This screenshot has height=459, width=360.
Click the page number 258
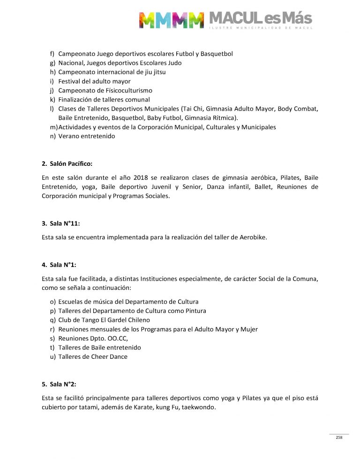339,437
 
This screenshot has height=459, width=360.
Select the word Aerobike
253,237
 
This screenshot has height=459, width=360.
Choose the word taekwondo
198,407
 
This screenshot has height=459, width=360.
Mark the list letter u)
52,356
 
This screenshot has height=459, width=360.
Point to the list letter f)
52,54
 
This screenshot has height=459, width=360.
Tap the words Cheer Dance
110,356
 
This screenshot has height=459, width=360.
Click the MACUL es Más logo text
260,19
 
